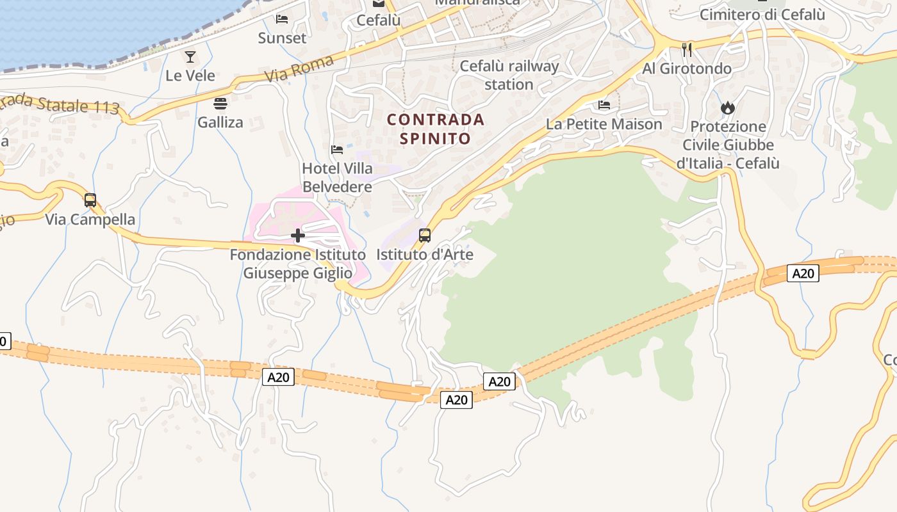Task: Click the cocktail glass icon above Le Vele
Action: (x=190, y=57)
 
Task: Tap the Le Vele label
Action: (x=190, y=76)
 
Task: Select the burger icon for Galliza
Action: (x=220, y=104)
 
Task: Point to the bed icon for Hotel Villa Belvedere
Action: (x=337, y=150)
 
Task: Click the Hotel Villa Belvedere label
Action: (x=337, y=178)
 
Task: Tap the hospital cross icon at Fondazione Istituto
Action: (x=298, y=236)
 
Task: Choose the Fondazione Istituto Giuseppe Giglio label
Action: (x=298, y=264)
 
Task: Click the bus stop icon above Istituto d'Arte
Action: (x=424, y=236)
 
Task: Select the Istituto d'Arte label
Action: (x=424, y=255)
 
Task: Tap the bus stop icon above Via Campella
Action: (x=90, y=200)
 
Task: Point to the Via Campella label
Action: (x=90, y=220)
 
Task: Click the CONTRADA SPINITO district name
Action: (x=436, y=129)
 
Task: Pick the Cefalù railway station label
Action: (x=509, y=75)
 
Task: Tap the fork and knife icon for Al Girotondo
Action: (x=687, y=49)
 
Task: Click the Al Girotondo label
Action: (x=687, y=68)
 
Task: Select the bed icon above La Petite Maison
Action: (x=604, y=105)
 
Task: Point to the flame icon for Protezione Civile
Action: (x=727, y=108)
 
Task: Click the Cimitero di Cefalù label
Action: (x=762, y=14)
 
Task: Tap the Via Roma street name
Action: (x=300, y=70)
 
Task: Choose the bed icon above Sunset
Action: (x=282, y=19)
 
